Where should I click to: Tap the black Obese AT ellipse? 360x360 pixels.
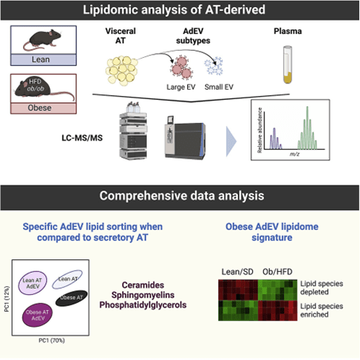tap(89, 297)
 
